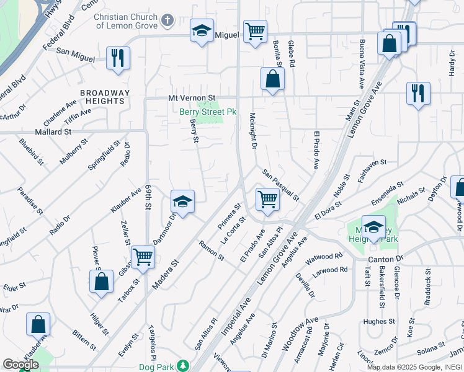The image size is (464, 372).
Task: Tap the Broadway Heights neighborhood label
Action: [105, 97]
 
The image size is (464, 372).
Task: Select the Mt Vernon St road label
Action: [192, 98]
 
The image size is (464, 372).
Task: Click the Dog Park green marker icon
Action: [182, 366]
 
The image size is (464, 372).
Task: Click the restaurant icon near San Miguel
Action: [117, 58]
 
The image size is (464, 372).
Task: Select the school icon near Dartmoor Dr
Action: [182, 201]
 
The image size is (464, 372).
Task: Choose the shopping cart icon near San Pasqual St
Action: [267, 199]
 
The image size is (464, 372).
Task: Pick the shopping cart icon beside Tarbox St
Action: [143, 255]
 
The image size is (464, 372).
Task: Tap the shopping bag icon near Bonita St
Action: [272, 78]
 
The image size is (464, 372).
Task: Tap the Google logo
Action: [20, 365]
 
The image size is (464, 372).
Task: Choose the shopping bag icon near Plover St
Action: [101, 281]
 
